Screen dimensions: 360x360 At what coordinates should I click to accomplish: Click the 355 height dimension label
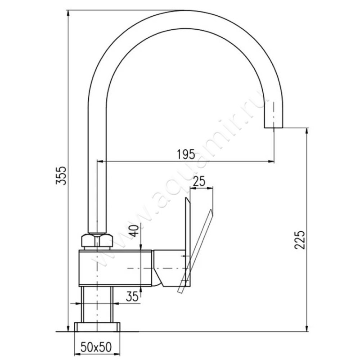(61, 175)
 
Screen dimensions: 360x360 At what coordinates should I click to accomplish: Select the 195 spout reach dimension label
(186, 154)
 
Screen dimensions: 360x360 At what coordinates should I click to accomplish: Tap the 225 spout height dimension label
(300, 240)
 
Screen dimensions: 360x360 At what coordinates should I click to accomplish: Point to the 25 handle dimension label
(199, 181)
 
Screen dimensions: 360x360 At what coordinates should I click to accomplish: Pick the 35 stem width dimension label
(132, 297)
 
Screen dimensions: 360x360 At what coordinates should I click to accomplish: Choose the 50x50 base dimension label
(96, 347)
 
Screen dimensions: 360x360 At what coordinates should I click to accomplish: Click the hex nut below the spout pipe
(97, 241)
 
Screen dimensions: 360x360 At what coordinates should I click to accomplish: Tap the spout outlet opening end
(274, 127)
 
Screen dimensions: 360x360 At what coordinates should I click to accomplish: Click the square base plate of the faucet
(97, 327)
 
